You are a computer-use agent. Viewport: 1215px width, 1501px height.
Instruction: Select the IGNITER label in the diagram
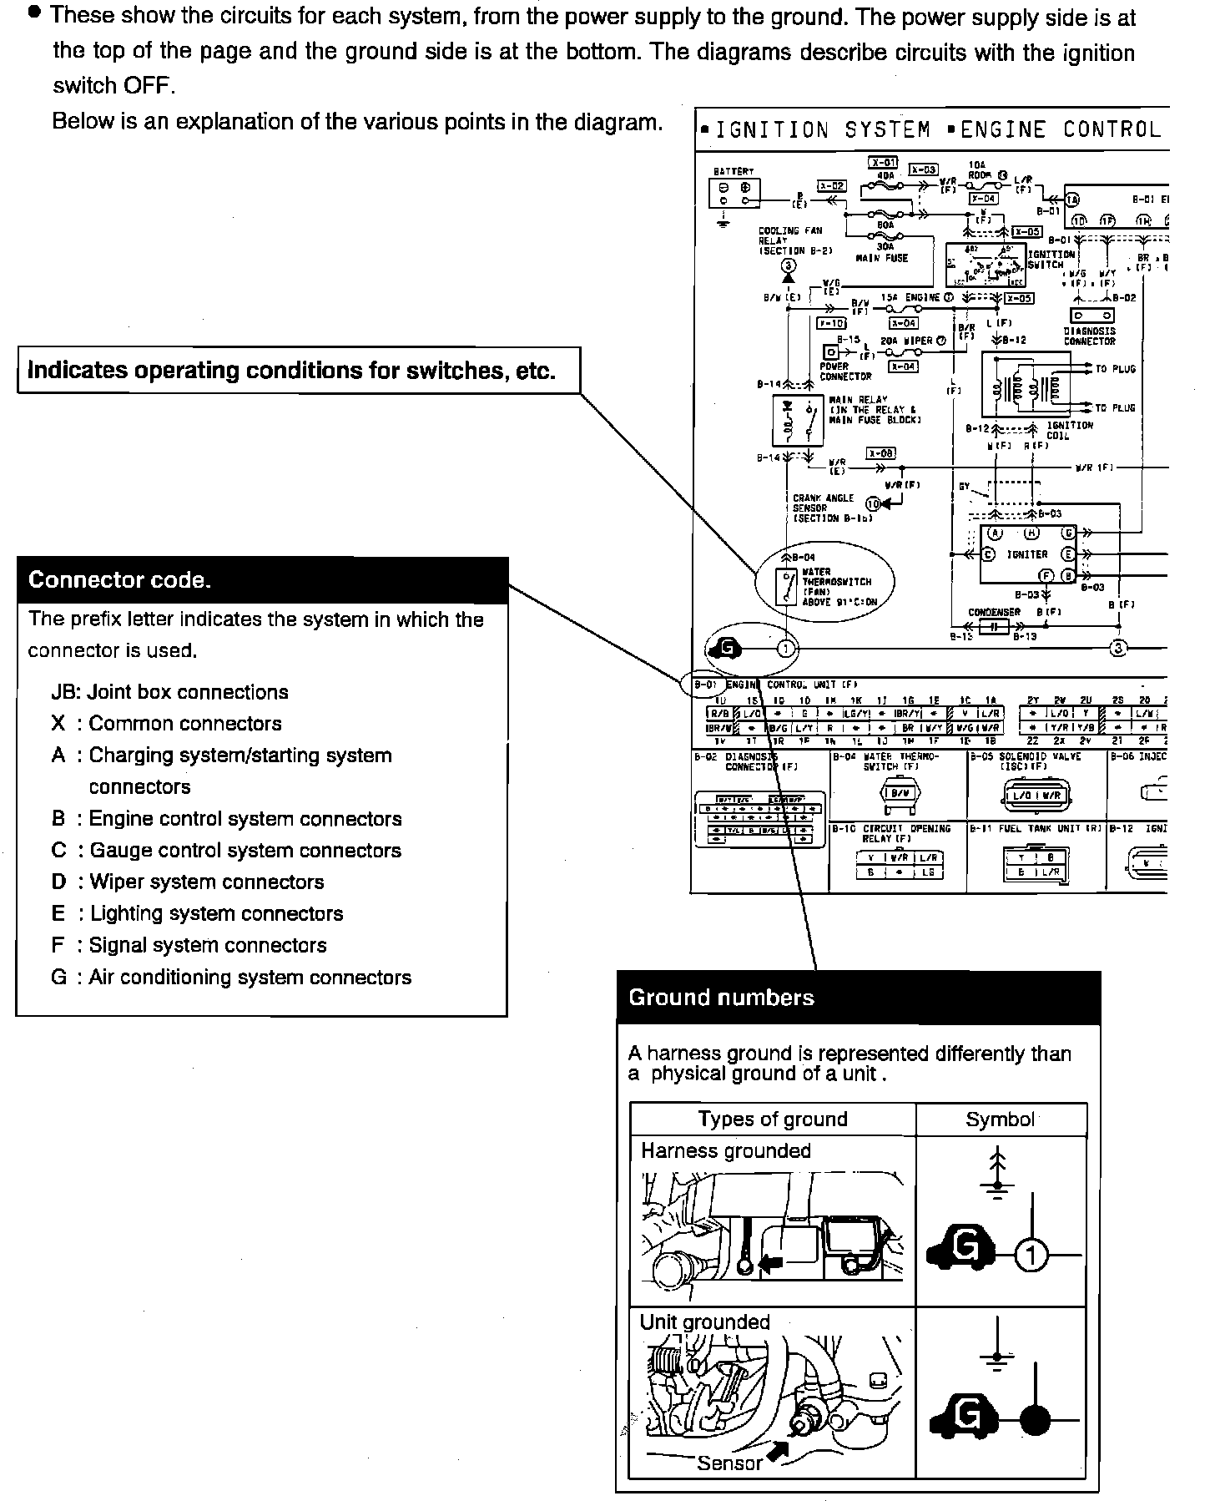pos(1027,554)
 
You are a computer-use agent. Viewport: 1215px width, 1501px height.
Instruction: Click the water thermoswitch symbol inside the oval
pos(787,587)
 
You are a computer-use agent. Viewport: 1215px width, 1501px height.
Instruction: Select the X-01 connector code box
pos(883,163)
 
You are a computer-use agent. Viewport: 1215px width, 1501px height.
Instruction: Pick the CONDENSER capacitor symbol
pos(994,626)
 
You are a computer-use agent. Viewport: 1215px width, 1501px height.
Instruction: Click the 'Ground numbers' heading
pos(722,998)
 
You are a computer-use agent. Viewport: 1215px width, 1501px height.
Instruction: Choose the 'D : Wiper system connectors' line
pos(188,882)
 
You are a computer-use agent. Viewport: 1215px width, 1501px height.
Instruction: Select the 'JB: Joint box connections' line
pos(169,692)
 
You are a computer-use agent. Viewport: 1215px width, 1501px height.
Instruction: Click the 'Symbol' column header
pos(1000,1119)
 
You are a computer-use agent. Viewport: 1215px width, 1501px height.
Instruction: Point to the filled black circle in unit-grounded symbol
pos(1035,1420)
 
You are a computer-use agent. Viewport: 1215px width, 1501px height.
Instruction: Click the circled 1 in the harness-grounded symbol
pos(1031,1256)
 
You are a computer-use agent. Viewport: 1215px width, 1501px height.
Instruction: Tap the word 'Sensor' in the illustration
pos(730,1463)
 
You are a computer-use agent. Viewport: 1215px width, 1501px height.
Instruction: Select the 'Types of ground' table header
pos(773,1119)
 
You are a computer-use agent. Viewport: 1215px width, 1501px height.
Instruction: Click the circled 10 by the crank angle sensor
pos(873,503)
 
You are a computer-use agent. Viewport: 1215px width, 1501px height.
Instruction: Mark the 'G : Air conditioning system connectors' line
pos(231,978)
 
